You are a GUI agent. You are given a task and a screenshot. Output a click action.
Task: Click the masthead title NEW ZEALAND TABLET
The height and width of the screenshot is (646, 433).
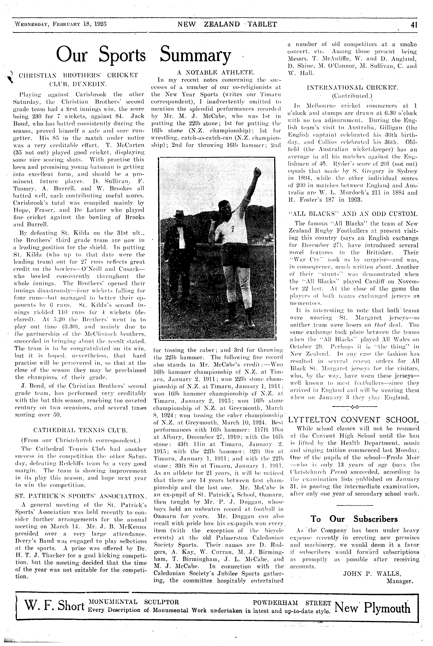click(227, 24)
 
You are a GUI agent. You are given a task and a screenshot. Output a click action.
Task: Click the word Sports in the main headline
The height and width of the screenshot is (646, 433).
click(122, 54)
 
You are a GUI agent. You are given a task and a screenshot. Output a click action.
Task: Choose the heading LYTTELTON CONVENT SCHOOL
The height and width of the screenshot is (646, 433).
click(353, 420)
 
